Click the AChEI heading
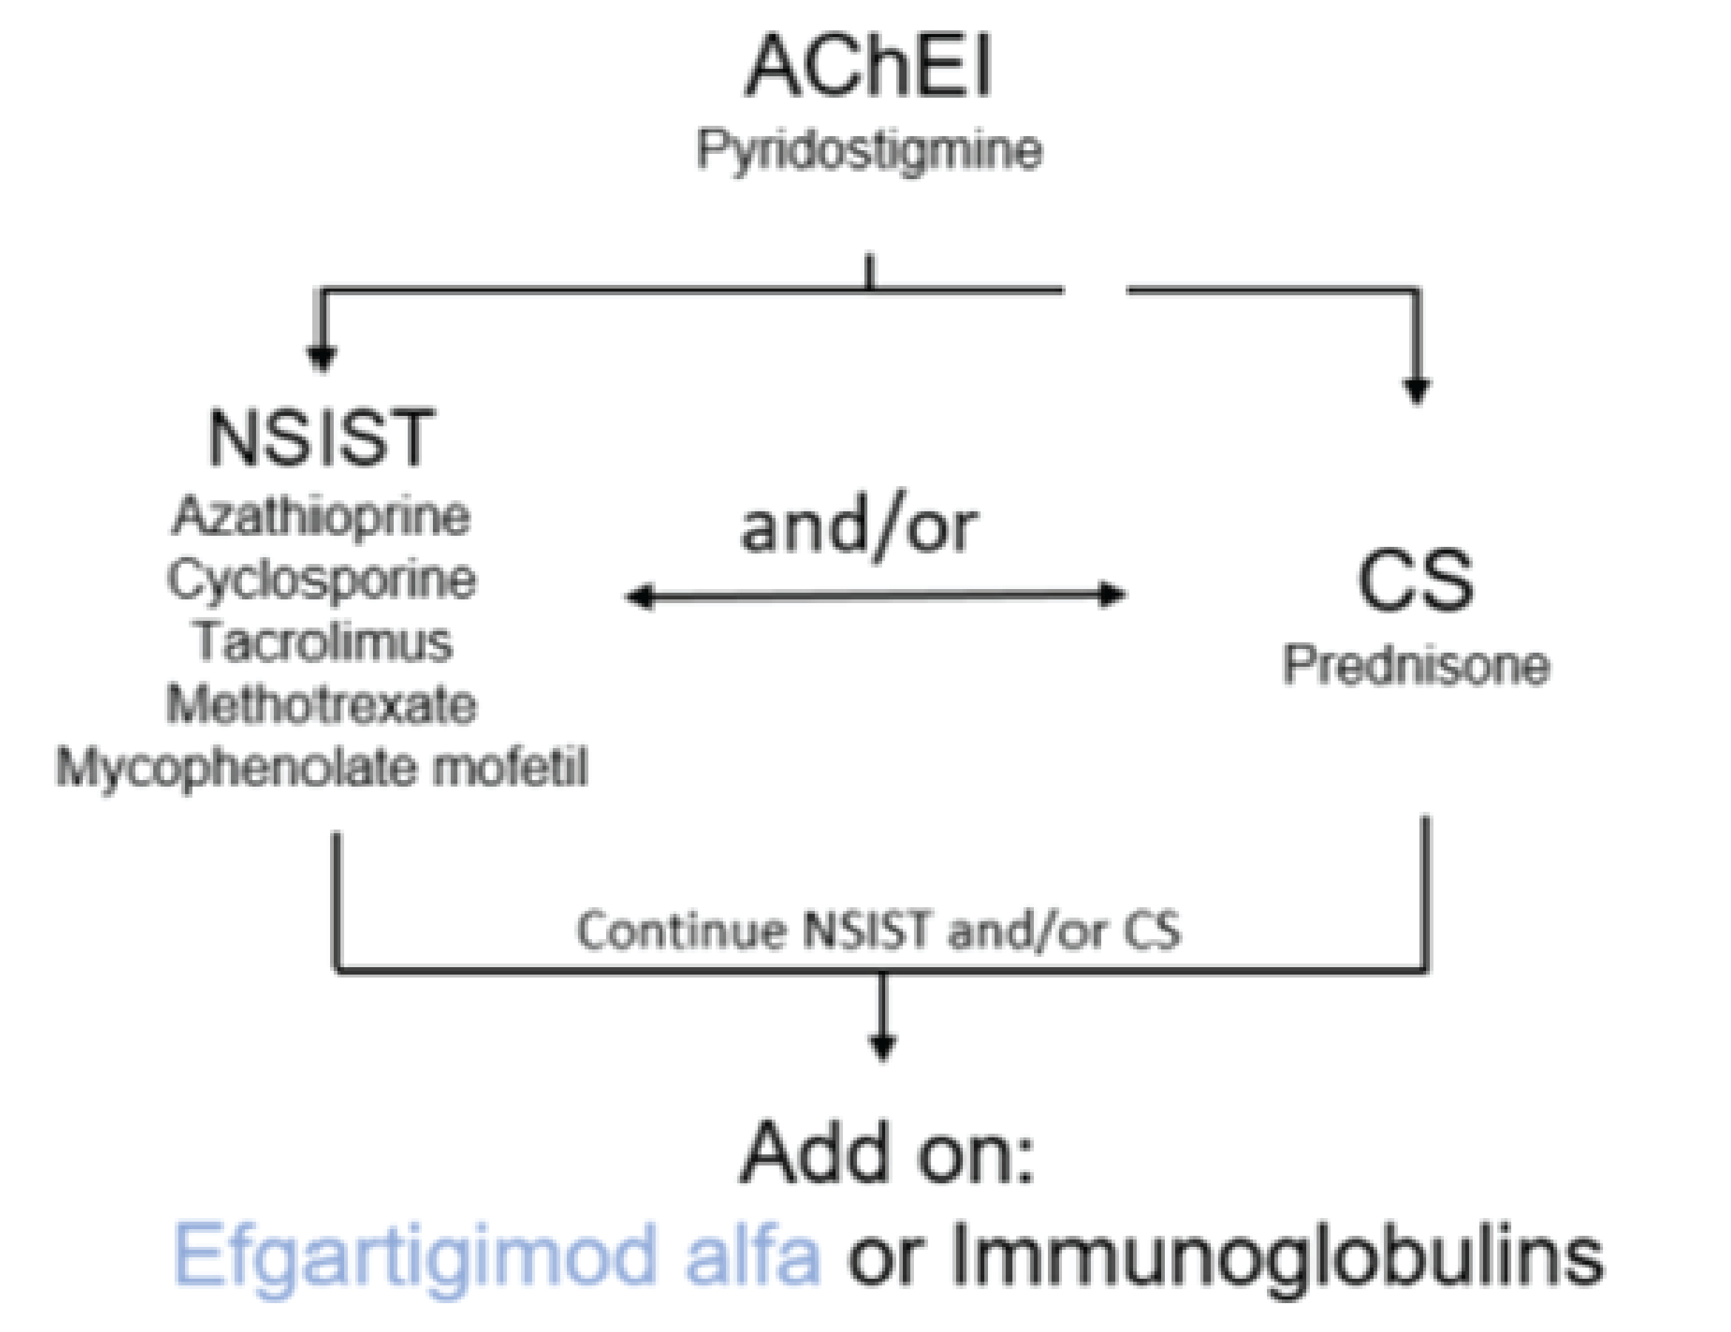pyautogui.click(x=868, y=67)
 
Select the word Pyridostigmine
pyautogui.click(x=869, y=150)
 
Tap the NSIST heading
pyautogui.click(x=321, y=438)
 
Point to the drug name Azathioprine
pyautogui.click(x=321, y=517)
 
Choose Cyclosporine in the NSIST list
pyautogui.click(x=321, y=580)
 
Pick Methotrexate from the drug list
pyautogui.click(x=321, y=704)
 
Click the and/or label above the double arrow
pyautogui.click(x=858, y=529)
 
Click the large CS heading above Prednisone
pyautogui.click(x=1415, y=582)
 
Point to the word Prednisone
pyautogui.click(x=1416, y=665)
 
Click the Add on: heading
pyautogui.click(x=886, y=1153)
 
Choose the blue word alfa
pyautogui.click(x=751, y=1252)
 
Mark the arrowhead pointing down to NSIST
pyautogui.click(x=321, y=359)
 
